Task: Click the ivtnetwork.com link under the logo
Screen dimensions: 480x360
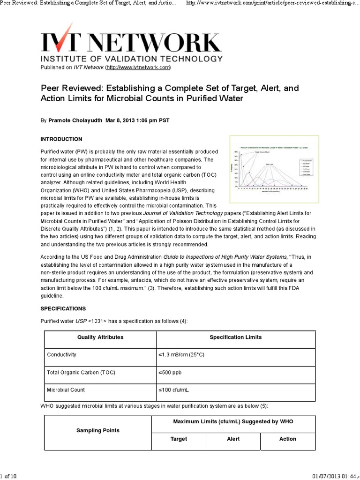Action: coord(138,67)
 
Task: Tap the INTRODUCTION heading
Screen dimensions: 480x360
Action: coord(61,139)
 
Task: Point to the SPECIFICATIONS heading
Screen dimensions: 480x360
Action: coord(63,309)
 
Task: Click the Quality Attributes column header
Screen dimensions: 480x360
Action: coord(100,337)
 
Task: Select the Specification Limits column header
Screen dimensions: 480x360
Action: coord(235,337)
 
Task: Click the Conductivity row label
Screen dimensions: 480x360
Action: coord(61,355)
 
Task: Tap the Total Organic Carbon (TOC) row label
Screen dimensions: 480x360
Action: coord(81,373)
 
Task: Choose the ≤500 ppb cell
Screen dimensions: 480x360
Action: coord(170,373)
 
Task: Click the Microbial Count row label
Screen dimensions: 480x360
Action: coord(66,390)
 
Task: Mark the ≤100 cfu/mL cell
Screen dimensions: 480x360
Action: coord(173,390)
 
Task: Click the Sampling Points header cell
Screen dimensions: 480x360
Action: coord(97,430)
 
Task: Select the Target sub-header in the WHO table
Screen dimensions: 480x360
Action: coord(179,439)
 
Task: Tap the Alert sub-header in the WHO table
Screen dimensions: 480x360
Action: coord(233,439)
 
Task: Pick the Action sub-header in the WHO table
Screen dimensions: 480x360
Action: coord(287,439)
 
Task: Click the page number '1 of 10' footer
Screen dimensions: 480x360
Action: coord(9,476)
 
